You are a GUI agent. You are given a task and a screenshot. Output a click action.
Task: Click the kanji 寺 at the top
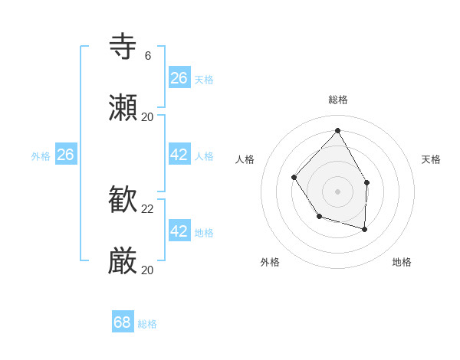[x=123, y=47]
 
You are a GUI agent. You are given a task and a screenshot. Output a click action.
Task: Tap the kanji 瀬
[x=123, y=108]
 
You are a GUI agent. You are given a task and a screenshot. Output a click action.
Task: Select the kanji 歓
[x=123, y=200]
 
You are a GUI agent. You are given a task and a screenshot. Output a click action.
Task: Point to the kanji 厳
[x=123, y=261]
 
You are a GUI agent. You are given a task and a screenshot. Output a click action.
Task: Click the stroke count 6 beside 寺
[x=148, y=56]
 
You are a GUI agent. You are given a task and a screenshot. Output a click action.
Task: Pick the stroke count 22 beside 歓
[x=148, y=209]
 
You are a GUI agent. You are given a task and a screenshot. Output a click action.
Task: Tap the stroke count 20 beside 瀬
[x=148, y=117]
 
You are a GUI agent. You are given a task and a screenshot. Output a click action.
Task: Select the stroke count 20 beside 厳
[x=148, y=270]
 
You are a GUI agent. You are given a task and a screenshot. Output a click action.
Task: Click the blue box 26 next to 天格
[x=179, y=78]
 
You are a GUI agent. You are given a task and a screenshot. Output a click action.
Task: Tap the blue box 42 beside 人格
[x=179, y=155]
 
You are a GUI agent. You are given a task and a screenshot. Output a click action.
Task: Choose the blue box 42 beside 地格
[x=179, y=231]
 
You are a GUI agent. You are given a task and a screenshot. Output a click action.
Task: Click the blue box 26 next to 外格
[x=66, y=155]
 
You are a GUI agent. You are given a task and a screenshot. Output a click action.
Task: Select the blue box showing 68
[x=123, y=322]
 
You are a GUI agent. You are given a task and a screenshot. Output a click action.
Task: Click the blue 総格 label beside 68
[x=147, y=324]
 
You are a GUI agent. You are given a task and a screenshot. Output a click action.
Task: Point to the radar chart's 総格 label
[x=338, y=100]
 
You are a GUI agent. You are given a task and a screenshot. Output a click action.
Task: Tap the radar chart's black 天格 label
[x=432, y=159]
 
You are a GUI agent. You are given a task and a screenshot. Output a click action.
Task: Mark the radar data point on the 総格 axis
[x=337, y=130]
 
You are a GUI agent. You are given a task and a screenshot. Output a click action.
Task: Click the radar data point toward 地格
[x=365, y=229]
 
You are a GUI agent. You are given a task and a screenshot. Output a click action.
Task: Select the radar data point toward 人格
[x=294, y=178]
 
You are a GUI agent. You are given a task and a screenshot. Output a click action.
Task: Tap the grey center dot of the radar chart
[x=337, y=191]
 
